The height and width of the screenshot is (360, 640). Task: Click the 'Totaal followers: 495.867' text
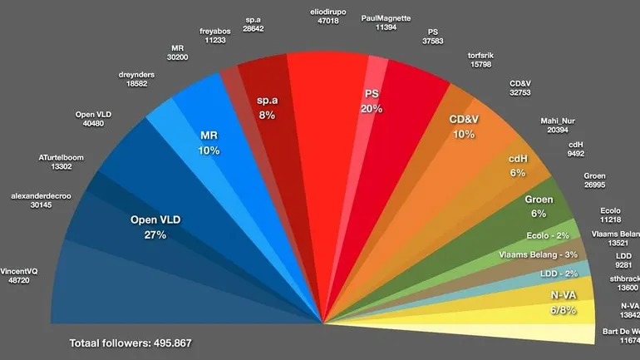pyautogui.click(x=134, y=343)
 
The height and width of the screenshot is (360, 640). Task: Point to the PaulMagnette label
pyautogui.click(x=386, y=22)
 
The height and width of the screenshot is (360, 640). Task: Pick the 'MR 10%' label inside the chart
pyautogui.click(x=209, y=143)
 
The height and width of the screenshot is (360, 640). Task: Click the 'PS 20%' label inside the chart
pyautogui.click(x=372, y=101)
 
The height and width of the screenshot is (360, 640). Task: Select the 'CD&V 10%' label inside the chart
pyautogui.click(x=464, y=126)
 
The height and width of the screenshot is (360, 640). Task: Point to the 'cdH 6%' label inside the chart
pyautogui.click(x=518, y=165)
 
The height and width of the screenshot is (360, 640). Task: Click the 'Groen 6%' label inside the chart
pyautogui.click(x=539, y=206)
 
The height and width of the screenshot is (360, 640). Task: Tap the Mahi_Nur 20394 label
pyautogui.click(x=558, y=124)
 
